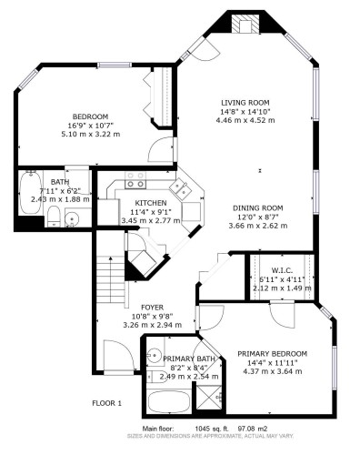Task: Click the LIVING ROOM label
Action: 245,103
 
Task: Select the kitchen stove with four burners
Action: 135,179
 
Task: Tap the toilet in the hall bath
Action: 54,215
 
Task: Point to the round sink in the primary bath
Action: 155,356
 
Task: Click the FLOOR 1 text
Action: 106,402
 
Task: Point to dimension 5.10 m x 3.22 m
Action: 90,134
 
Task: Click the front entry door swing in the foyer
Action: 118,355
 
